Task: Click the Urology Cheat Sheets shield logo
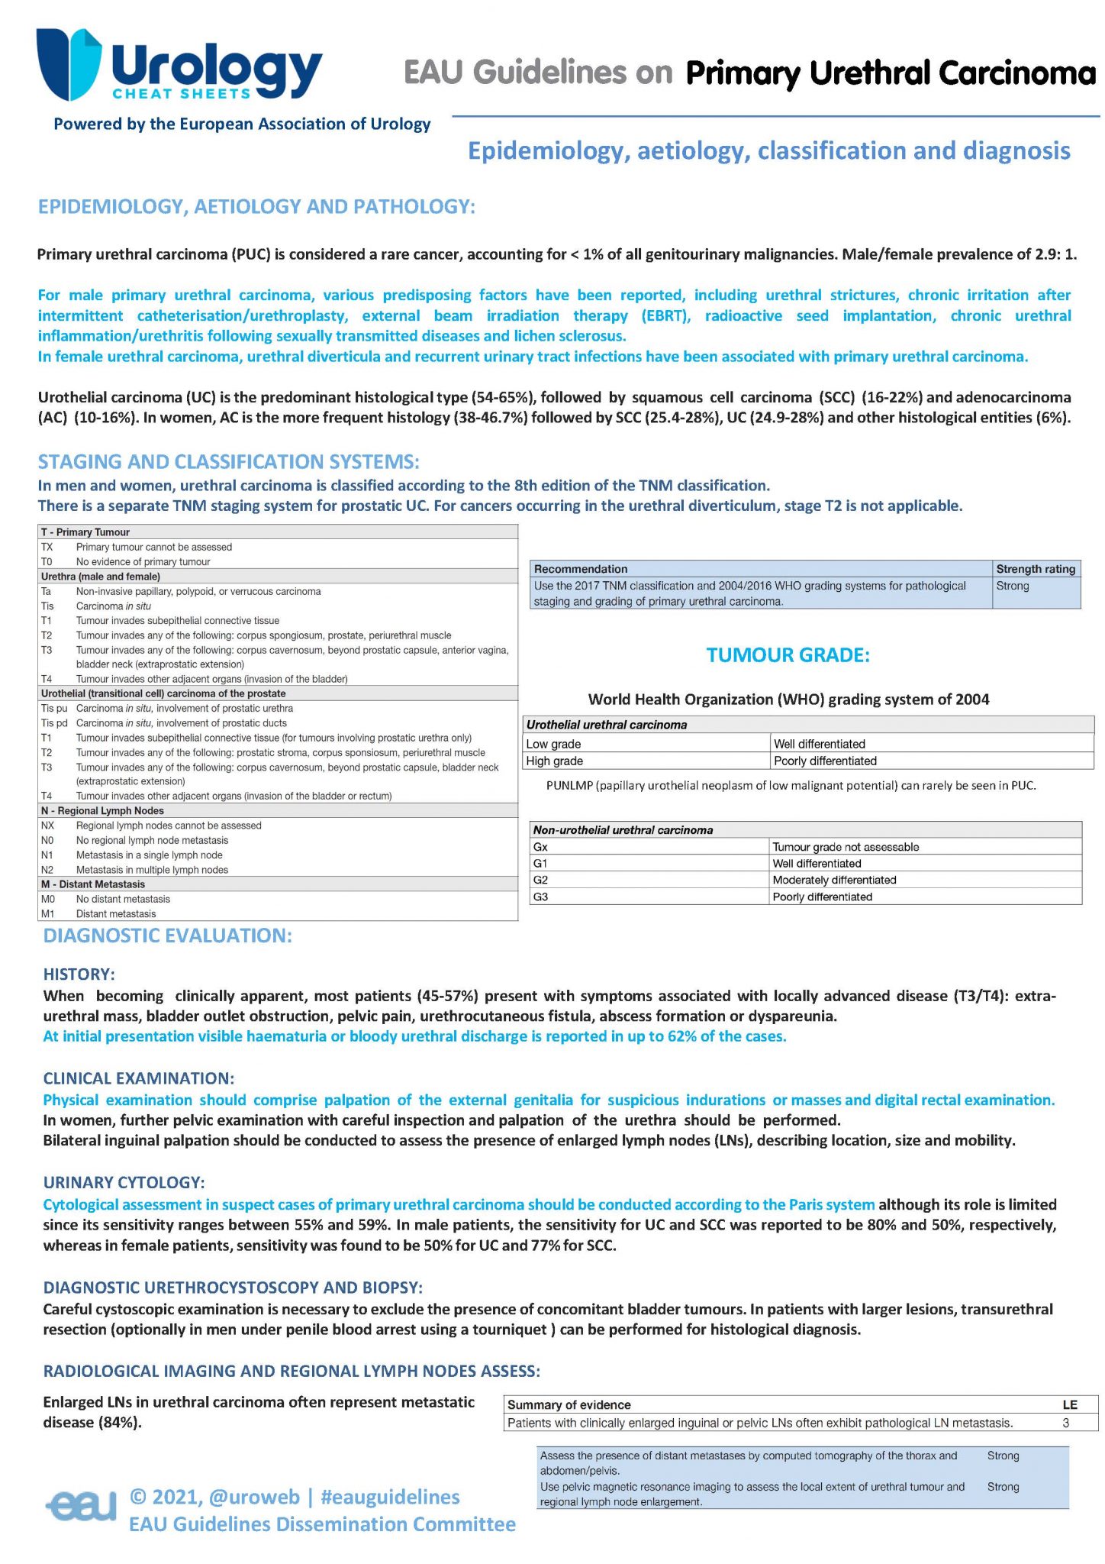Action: pyautogui.click(x=69, y=64)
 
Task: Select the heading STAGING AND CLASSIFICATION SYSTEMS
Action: pyautogui.click(x=229, y=462)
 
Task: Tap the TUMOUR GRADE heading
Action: pyautogui.click(x=788, y=655)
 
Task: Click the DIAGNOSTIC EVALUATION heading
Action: pyautogui.click(x=168, y=935)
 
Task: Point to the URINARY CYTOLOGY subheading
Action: pyautogui.click(x=124, y=1182)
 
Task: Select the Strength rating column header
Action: pyautogui.click(x=1035, y=569)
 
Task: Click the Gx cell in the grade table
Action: pyautogui.click(x=540, y=847)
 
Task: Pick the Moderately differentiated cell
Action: pyautogui.click(x=834, y=880)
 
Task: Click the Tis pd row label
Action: pyautogui.click(x=54, y=723)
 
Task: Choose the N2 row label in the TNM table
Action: pyautogui.click(x=47, y=870)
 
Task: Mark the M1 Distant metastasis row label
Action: pyautogui.click(x=47, y=914)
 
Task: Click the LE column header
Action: pyautogui.click(x=1070, y=1404)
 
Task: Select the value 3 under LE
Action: pyautogui.click(x=1066, y=1423)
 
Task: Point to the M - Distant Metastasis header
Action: pyautogui.click(x=93, y=884)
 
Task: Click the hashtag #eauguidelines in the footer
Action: pyautogui.click(x=390, y=1497)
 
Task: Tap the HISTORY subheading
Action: pyautogui.click(x=79, y=974)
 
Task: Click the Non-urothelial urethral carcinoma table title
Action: pyautogui.click(x=623, y=830)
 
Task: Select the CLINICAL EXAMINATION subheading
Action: pyautogui.click(x=139, y=1078)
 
